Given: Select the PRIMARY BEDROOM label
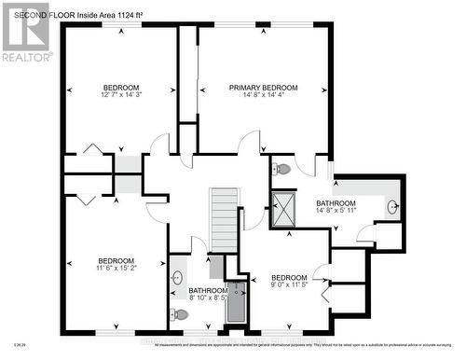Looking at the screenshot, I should click(x=262, y=87).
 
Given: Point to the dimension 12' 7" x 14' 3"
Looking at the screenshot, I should click(x=121, y=94).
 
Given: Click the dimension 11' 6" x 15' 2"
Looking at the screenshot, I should click(x=116, y=268).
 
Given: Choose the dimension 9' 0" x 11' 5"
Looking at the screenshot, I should click(x=288, y=285).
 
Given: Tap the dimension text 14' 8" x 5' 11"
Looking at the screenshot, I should click(x=335, y=210).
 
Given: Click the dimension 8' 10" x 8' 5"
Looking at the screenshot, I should click(x=195, y=298).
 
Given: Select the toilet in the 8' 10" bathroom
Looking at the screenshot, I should click(x=181, y=315).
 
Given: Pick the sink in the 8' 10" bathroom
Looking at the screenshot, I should click(x=178, y=277).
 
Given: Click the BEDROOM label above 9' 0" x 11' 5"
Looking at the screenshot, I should click(x=288, y=278).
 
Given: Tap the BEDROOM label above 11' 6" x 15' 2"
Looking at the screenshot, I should click(x=116, y=260).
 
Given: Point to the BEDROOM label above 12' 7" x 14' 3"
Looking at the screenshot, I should click(x=121, y=87).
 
